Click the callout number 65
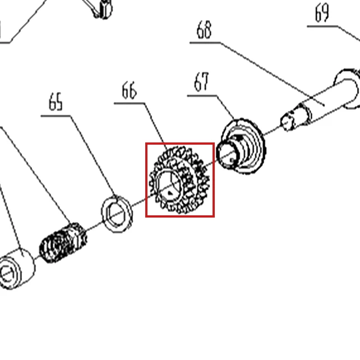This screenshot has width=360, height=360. point(56,101)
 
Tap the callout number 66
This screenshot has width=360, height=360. point(129,90)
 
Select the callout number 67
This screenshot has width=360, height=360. point(202,81)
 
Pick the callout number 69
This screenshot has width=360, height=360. point(322,13)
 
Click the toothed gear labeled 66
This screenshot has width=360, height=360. point(179,180)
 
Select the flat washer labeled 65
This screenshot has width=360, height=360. point(117,214)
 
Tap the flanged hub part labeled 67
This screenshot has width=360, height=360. point(241,146)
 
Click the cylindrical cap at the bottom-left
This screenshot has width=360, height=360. point(16,269)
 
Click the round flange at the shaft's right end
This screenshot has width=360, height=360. point(347,89)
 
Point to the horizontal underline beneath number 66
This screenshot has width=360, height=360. point(130,103)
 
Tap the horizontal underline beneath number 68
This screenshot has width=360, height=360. point(205,43)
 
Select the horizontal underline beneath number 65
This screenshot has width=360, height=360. point(56,116)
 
